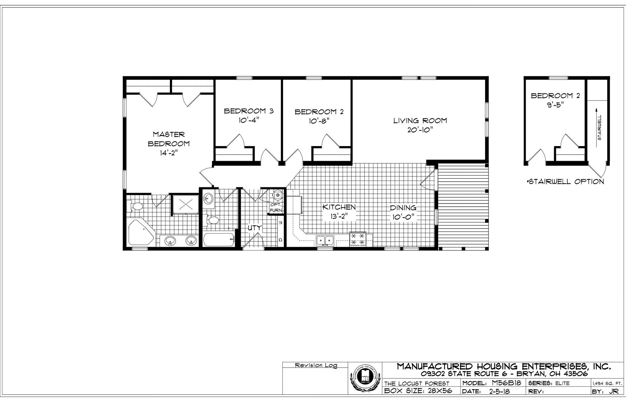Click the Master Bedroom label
tap(169, 139)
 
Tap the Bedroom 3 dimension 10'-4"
tap(248, 120)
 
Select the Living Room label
tap(420, 121)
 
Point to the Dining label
tap(403, 208)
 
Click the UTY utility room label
tap(254, 228)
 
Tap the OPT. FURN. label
tap(276, 207)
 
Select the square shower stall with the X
tap(185, 205)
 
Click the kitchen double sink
tap(325, 241)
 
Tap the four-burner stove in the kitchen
tap(358, 239)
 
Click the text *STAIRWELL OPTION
tap(565, 182)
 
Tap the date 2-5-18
tap(499, 391)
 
